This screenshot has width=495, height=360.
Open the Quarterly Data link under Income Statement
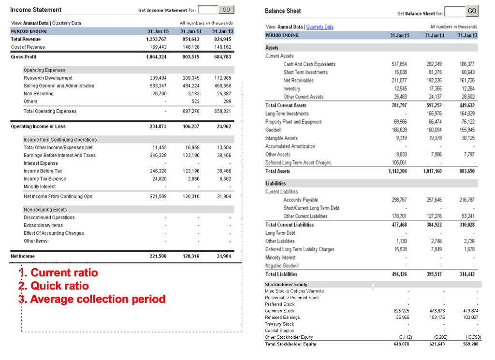(67, 23)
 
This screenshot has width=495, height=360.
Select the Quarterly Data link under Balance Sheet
(320, 27)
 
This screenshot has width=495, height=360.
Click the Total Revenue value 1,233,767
(156, 39)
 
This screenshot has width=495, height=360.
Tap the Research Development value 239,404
(159, 78)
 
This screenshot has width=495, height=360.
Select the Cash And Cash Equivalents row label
(309, 64)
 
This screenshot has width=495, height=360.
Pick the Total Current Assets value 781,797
(399, 105)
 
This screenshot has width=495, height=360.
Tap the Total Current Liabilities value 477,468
(399, 225)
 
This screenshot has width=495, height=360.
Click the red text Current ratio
(64, 273)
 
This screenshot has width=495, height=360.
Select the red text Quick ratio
(59, 286)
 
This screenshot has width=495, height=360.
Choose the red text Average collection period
(98, 299)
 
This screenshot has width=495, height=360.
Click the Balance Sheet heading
(283, 11)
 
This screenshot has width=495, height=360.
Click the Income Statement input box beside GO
(208, 10)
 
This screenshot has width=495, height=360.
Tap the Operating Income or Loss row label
(38, 127)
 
